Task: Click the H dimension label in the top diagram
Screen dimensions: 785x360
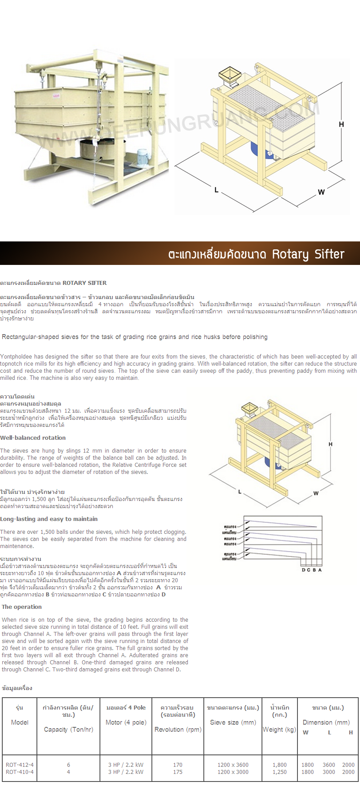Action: [x=341, y=124]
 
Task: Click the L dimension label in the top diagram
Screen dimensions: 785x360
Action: [x=216, y=190]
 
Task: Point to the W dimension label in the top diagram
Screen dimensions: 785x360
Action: [x=321, y=192]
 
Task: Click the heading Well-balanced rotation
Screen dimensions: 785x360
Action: [x=33, y=438]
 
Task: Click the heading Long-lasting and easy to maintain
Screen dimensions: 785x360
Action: [x=49, y=519]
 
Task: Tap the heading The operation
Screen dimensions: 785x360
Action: [x=22, y=607]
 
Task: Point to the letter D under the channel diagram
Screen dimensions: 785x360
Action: [x=304, y=570]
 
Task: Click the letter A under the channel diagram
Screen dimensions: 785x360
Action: [x=320, y=570]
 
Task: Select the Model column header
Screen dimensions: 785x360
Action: [x=20, y=722]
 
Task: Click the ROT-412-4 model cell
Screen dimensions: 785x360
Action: [x=20, y=765]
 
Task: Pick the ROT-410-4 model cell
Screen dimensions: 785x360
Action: [x=20, y=772]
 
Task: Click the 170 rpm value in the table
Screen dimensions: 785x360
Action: [x=178, y=765]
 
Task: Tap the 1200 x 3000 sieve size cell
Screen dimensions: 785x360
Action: [x=233, y=772]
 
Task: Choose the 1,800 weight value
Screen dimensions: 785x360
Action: [x=279, y=765]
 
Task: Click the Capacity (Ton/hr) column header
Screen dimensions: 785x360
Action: [x=68, y=729]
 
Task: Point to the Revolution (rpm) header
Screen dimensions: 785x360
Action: [x=178, y=729]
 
